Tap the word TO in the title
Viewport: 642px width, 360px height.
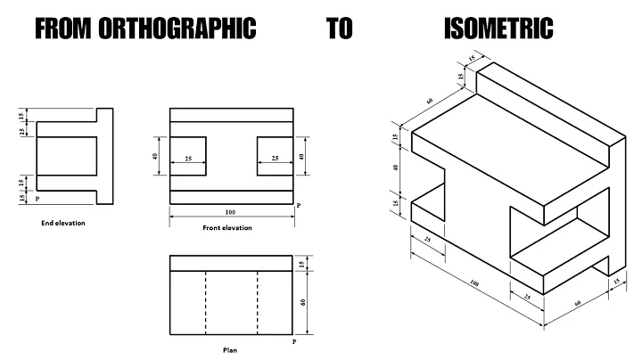click(339, 29)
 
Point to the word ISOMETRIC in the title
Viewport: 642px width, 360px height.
click(498, 29)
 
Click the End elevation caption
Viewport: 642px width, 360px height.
click(63, 223)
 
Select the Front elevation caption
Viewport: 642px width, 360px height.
click(227, 228)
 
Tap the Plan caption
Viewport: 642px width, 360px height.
click(230, 349)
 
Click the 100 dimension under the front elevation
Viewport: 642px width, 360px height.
click(230, 212)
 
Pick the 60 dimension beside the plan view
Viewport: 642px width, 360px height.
click(304, 303)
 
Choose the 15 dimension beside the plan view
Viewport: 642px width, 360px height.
click(304, 264)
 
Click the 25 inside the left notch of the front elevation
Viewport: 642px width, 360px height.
click(188, 159)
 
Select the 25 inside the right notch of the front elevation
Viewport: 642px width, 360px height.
click(275, 159)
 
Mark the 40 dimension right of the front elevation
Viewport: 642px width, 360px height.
click(303, 156)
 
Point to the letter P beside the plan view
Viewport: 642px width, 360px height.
click(295, 341)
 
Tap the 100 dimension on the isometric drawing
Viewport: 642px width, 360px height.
click(473, 285)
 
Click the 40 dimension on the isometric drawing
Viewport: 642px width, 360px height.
click(396, 167)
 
